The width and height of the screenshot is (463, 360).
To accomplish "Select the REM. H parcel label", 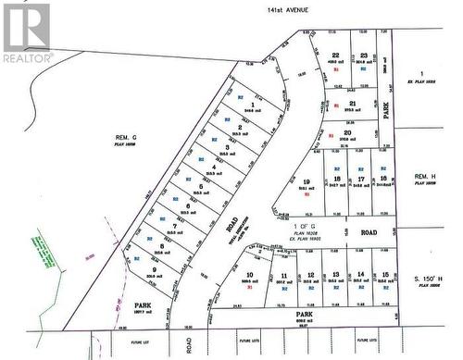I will [425, 176].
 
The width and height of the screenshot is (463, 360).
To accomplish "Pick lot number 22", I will [336, 56].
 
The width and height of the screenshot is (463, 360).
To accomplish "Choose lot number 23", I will [365, 56].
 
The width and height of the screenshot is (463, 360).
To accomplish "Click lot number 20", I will [346, 132].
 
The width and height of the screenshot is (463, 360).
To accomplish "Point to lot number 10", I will [250, 275].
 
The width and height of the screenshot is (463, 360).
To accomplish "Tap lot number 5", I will [202, 187].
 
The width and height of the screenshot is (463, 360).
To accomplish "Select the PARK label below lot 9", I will [142, 304].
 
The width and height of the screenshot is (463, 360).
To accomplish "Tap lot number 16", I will [383, 179].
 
